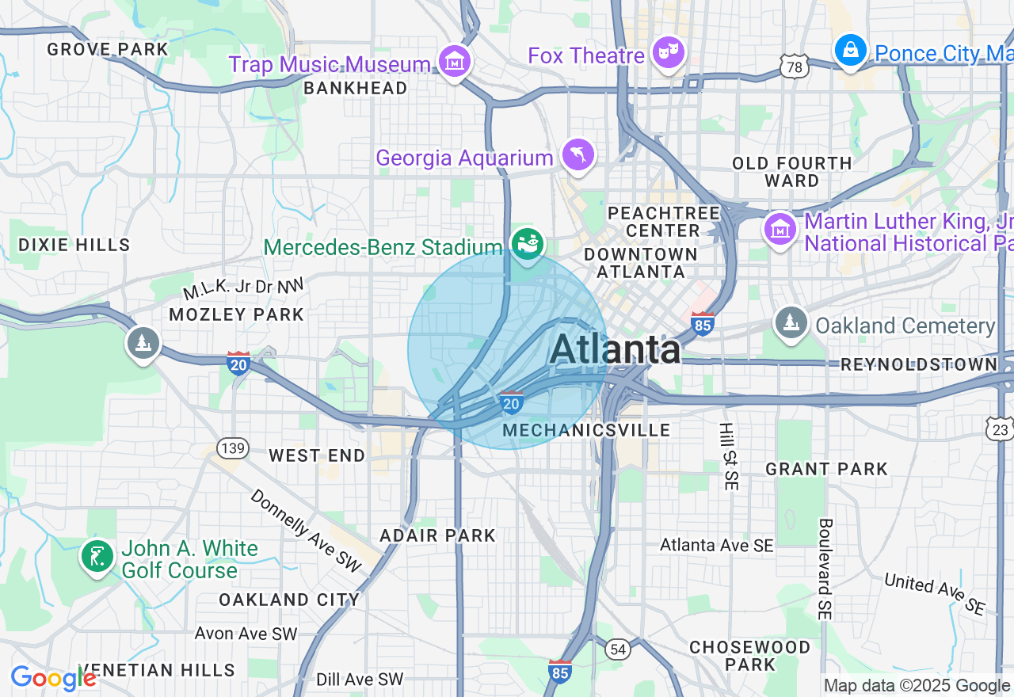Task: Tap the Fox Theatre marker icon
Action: tap(669, 54)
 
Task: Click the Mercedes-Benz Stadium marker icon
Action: tap(527, 242)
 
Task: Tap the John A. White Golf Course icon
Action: tap(97, 557)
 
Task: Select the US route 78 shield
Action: tap(794, 67)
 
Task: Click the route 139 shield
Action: tap(234, 449)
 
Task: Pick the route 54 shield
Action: tap(619, 649)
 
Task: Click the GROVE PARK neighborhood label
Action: tap(108, 49)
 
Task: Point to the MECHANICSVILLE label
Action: tap(587, 430)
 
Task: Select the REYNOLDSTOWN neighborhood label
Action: tap(919, 364)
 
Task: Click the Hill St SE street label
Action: tap(727, 456)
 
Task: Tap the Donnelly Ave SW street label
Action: tap(306, 531)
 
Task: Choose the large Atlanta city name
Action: tap(615, 349)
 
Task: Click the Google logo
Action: tap(53, 679)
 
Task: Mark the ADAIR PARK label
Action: tap(437, 535)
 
